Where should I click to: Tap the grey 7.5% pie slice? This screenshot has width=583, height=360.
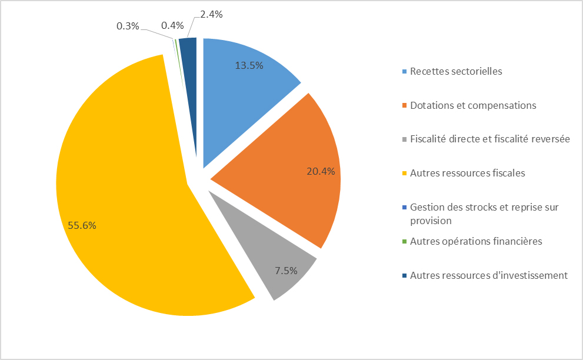(276, 259)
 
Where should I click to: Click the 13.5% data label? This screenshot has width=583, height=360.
(249, 65)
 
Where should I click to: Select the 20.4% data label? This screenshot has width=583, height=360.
(321, 172)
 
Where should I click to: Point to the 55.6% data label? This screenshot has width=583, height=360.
(82, 225)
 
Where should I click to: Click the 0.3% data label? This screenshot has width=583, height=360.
(128, 26)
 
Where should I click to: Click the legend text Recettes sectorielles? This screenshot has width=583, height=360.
(456, 71)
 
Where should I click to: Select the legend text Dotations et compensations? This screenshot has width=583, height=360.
(473, 105)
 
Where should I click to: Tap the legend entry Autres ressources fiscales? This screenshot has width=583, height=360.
(467, 173)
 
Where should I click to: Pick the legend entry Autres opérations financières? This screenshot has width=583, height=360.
(476, 241)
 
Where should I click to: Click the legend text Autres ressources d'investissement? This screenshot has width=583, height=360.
(488, 275)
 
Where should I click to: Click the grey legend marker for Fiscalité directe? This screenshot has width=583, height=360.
(404, 139)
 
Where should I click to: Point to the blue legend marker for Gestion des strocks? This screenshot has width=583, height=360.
(404, 208)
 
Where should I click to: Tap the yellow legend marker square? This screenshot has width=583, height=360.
(404, 174)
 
